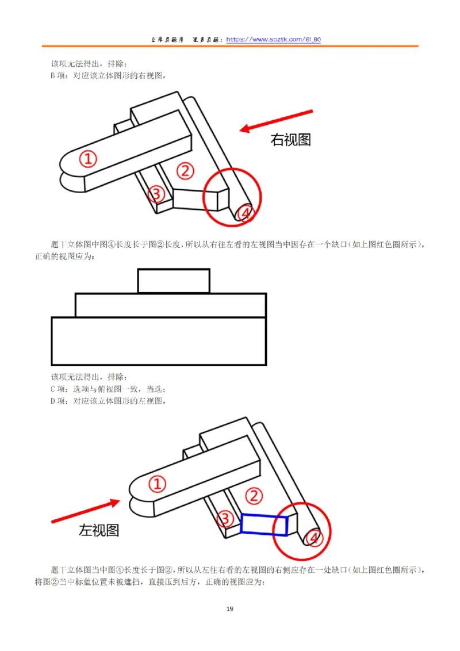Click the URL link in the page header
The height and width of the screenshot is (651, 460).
[273, 40]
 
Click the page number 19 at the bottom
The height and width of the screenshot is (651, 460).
[230, 609]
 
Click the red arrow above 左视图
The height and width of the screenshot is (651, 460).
[86, 511]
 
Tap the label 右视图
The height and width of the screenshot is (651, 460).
[290, 140]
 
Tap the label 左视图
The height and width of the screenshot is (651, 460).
[99, 530]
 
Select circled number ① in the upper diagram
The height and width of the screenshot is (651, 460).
[87, 158]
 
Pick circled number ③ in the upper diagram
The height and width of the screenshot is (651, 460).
[156, 194]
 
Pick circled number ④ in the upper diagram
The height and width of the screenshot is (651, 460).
[244, 213]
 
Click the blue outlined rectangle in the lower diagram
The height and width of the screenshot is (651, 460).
[264, 524]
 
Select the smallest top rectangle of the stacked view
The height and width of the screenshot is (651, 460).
[174, 281]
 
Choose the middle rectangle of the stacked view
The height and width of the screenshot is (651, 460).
[171, 305]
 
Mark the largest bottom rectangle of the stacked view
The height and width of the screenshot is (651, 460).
[159, 340]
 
